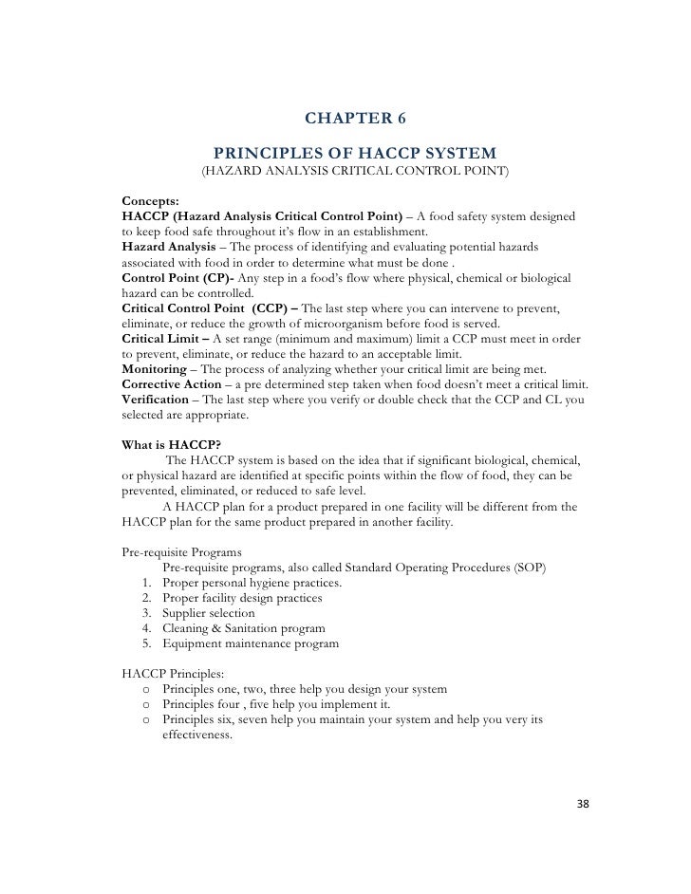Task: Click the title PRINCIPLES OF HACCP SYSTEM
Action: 354,154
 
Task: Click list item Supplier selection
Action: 209,613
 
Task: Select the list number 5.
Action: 146,643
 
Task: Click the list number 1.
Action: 146,582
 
